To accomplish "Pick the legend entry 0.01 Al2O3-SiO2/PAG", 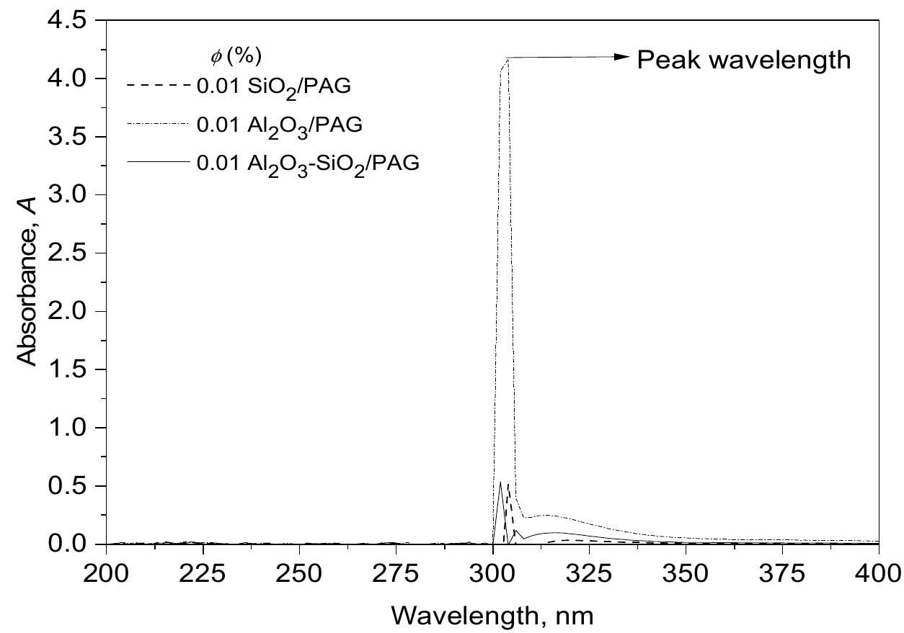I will (308, 163).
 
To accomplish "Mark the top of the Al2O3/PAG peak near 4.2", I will (508, 59).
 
